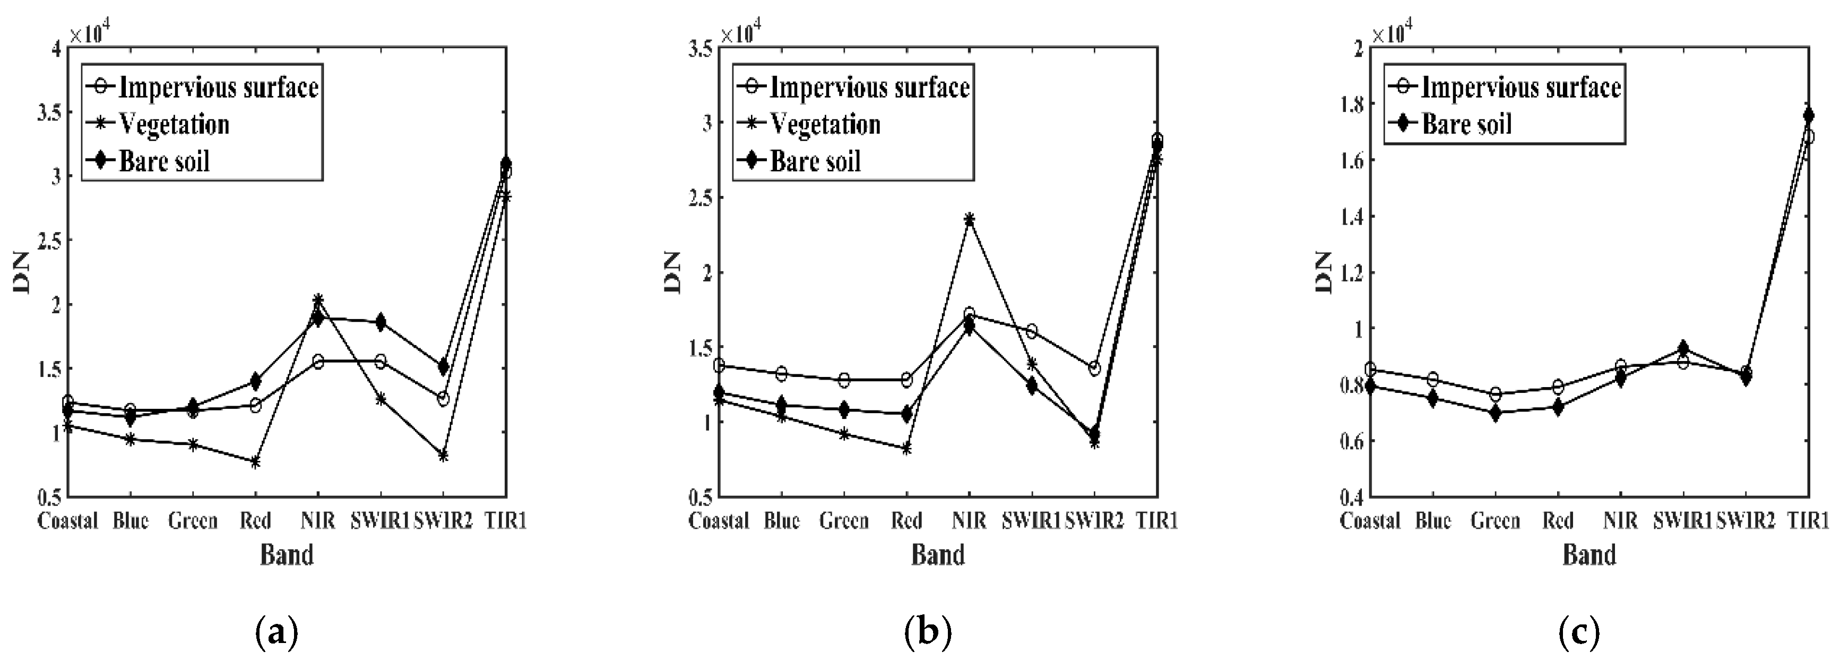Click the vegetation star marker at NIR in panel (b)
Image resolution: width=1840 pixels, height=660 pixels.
point(969,219)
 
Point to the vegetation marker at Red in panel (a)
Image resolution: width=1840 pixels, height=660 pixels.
point(255,462)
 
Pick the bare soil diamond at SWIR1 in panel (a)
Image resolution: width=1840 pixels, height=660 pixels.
point(380,322)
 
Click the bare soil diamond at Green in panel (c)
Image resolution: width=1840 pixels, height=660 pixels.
point(1496,413)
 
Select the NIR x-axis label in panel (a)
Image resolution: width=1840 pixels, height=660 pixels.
point(317,521)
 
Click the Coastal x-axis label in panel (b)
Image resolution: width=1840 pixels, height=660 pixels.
point(719,521)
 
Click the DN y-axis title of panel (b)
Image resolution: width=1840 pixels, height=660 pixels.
point(673,273)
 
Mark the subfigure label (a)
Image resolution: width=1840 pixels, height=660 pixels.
point(276,631)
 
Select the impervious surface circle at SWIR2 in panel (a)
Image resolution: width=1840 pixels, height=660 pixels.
point(443,399)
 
